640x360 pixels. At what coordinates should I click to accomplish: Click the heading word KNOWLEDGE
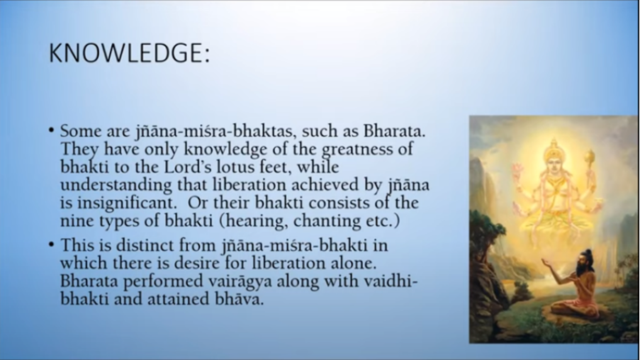click(x=125, y=52)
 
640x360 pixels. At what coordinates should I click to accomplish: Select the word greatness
click(x=359, y=150)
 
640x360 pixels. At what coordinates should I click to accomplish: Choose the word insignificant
click(x=127, y=203)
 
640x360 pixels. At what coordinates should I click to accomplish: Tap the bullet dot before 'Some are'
click(x=51, y=130)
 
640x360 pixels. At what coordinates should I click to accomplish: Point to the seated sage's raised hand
click(x=548, y=262)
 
